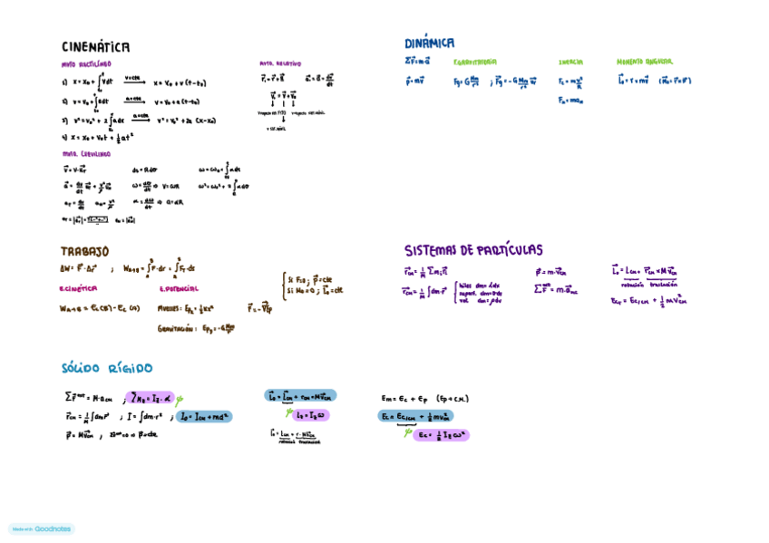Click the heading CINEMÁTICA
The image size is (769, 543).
95,47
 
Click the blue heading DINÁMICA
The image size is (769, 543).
430,43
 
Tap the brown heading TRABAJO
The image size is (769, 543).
84,251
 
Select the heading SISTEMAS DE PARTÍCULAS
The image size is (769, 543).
473,250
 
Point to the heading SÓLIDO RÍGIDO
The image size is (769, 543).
107,368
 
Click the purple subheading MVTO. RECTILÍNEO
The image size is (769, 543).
86,64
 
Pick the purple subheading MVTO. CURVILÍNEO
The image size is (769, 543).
86,154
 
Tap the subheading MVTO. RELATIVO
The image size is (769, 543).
279,64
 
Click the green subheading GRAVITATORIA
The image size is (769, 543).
475,63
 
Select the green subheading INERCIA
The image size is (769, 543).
570,63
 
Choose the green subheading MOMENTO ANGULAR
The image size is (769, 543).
645,62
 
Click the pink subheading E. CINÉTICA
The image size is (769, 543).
78,289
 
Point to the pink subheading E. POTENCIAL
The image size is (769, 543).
179,289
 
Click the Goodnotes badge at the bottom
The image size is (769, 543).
42,528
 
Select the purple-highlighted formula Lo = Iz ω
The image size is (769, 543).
311,415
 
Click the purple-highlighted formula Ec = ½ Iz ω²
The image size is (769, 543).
441,435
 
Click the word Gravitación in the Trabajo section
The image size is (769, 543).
178,329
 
